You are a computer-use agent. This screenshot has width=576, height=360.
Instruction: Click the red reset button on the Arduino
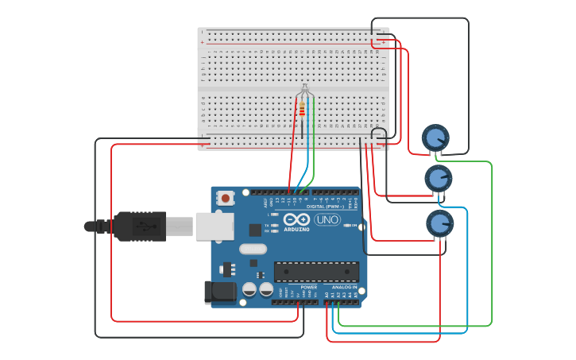tap(226, 198)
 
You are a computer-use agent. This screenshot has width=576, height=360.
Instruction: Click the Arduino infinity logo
tap(296, 219)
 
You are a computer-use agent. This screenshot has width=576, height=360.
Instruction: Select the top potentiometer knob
tap(435, 138)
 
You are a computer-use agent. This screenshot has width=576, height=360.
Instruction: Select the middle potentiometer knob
tap(438, 178)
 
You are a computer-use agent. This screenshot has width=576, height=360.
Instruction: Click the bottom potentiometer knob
tap(439, 223)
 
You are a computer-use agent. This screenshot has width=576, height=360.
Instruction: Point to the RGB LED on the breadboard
tap(304, 93)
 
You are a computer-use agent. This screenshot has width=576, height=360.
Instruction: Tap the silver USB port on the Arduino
tap(214, 226)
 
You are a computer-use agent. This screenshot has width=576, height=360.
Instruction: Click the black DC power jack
tap(219, 292)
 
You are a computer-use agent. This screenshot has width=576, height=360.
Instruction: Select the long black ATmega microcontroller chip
tap(315, 271)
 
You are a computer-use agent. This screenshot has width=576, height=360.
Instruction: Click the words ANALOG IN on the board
tap(343, 287)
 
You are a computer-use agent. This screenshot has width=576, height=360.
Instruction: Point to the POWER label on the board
tap(308, 287)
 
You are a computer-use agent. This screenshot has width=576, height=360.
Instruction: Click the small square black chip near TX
tap(255, 230)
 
